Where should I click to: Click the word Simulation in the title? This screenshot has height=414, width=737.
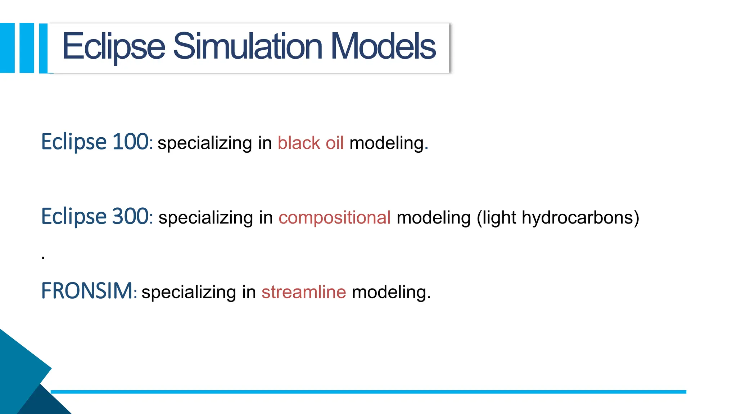pyautogui.click(x=248, y=47)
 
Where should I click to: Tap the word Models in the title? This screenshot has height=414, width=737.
pyautogui.click(x=383, y=47)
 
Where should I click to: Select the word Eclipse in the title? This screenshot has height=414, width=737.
pyautogui.click(x=114, y=47)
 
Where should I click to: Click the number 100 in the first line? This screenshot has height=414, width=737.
pyautogui.click(x=130, y=142)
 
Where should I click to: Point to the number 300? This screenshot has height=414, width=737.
pyautogui.click(x=130, y=216)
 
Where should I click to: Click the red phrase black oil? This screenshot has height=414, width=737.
pyautogui.click(x=311, y=143)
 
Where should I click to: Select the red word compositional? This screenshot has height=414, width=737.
pyautogui.click(x=334, y=218)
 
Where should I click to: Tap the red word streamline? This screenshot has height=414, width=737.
pyautogui.click(x=303, y=292)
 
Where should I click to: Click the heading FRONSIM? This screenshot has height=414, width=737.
pyautogui.click(x=87, y=291)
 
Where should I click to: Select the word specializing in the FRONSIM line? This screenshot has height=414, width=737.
pyautogui.click(x=189, y=292)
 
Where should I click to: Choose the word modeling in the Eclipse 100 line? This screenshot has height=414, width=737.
pyautogui.click(x=387, y=143)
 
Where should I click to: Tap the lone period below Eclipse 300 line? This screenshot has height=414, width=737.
pyautogui.click(x=43, y=257)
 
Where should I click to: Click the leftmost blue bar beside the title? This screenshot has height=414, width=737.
pyautogui.click(x=7, y=48)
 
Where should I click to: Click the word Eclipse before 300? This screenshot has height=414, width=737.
pyautogui.click(x=74, y=216)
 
